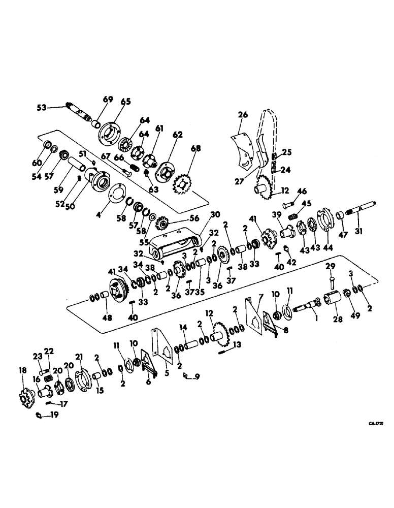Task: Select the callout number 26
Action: point(243,115)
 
